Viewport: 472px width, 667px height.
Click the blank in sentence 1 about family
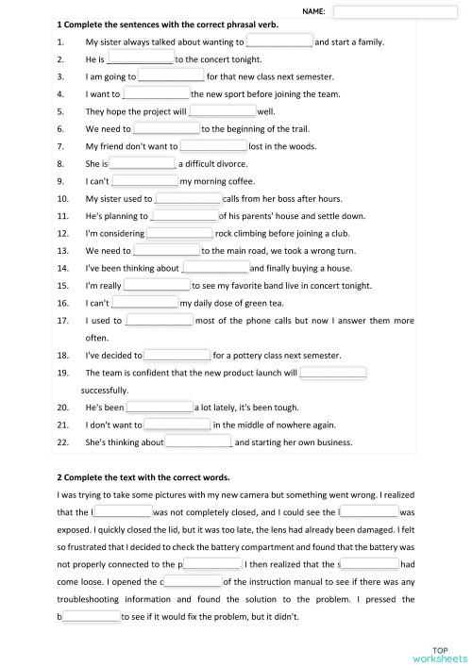click(x=279, y=42)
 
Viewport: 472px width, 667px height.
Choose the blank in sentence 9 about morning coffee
click(x=145, y=181)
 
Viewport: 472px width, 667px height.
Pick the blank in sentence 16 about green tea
click(x=145, y=303)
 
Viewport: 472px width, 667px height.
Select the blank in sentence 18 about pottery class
click(x=177, y=356)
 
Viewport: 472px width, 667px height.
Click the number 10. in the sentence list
click(x=63, y=199)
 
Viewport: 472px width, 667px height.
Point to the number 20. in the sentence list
click(x=63, y=408)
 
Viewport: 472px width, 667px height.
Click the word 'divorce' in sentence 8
click(x=235, y=163)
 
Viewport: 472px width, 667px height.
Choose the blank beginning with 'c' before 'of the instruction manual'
click(x=191, y=582)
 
